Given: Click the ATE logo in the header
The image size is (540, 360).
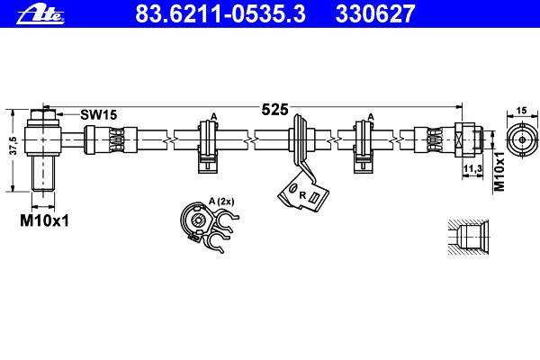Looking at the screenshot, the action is coord(40,15).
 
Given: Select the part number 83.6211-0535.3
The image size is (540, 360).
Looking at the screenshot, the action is coord(220,13).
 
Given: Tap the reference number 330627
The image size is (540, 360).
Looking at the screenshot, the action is coord(375,13).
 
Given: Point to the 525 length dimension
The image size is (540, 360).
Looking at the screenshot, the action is coord(274,110).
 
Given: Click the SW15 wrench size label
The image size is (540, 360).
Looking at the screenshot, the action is coord(99,114).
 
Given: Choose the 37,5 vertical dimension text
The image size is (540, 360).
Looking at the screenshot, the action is coord(13,145).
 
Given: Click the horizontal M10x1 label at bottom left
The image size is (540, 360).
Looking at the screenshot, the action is coord(44,220).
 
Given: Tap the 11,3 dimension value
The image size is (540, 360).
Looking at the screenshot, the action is coord(472,168).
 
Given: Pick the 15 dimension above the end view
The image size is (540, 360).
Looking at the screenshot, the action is coord(522,111).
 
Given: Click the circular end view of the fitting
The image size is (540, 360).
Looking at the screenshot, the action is coord(522,139).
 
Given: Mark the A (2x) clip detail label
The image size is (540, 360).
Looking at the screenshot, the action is coord(221,202).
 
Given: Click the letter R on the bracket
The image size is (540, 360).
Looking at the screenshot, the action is coord(302,195).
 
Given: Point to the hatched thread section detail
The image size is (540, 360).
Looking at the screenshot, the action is coord(468,238).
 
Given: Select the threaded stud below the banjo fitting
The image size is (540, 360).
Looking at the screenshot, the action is coord(43,174).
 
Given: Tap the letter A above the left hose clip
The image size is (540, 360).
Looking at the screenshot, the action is coord(214,116).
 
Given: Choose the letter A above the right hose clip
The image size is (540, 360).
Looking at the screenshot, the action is coord(371,116).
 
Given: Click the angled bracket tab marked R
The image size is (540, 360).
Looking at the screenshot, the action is coord(303,193).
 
